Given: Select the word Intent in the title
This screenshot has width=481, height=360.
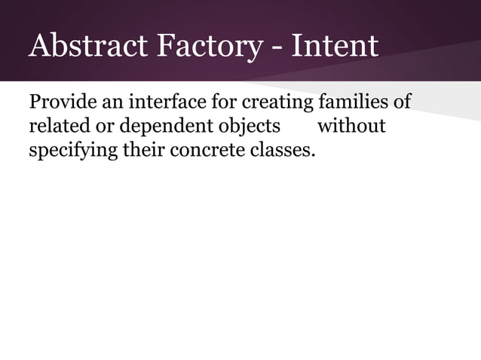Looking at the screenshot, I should point(334,46).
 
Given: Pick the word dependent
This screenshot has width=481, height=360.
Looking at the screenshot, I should point(153,126).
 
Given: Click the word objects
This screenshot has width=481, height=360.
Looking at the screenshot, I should point(244,126).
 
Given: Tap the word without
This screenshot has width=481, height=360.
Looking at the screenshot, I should point(351,125).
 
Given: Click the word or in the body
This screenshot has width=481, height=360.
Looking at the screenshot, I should point(97,126).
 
